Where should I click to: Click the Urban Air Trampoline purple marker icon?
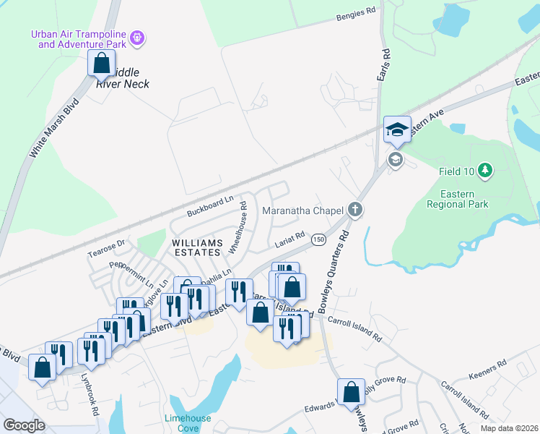click(x=139, y=36)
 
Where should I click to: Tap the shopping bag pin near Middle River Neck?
click(x=101, y=63)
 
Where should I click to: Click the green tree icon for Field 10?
click(x=486, y=171)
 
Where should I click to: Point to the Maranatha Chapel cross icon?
click(x=354, y=210)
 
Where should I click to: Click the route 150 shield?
click(x=318, y=239)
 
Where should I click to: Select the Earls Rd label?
click(x=384, y=65)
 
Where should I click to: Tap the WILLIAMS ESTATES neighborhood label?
click(x=195, y=246)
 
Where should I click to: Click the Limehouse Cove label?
click(x=188, y=423)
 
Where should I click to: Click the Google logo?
click(x=24, y=425)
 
